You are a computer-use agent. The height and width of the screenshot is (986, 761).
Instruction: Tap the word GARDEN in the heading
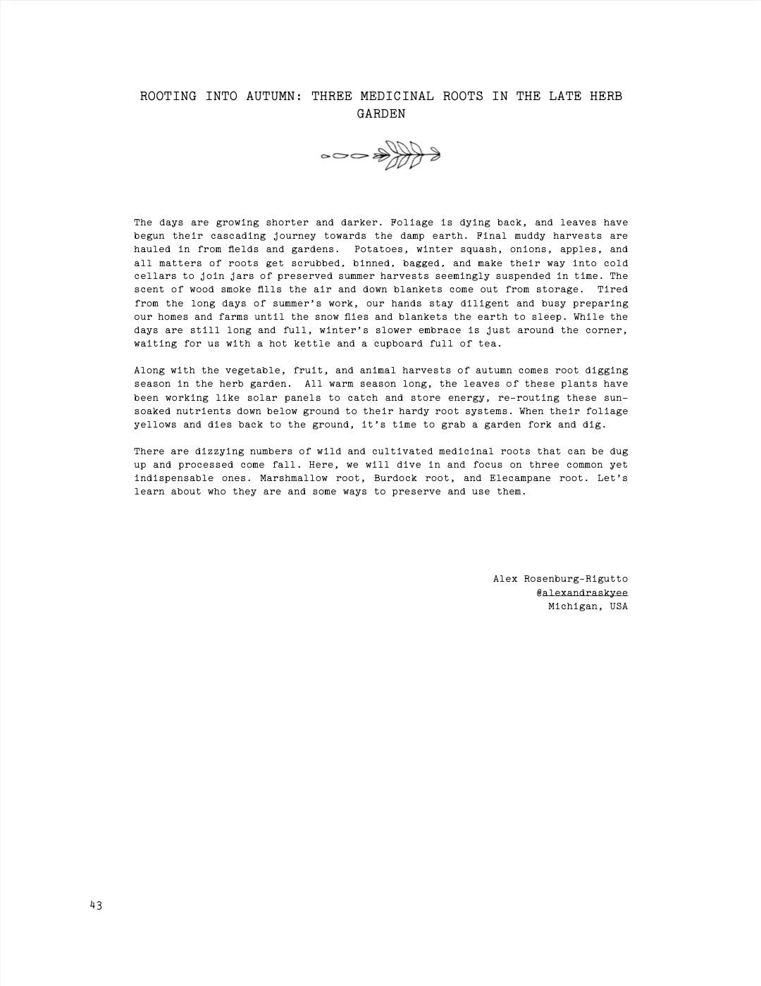coord(381,114)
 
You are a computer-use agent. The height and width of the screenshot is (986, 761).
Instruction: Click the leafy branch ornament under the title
coord(380,156)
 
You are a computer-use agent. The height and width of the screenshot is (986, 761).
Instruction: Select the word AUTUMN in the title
coord(274,96)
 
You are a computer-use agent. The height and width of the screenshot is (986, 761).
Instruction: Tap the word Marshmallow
coord(294,478)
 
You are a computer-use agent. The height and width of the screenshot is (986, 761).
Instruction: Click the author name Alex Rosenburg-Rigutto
coord(560,579)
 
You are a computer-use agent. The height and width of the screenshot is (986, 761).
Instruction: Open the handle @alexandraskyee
coord(582,593)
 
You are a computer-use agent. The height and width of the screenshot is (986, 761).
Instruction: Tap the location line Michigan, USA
coord(588,606)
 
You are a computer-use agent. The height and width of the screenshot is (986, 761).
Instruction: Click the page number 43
coord(96,906)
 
